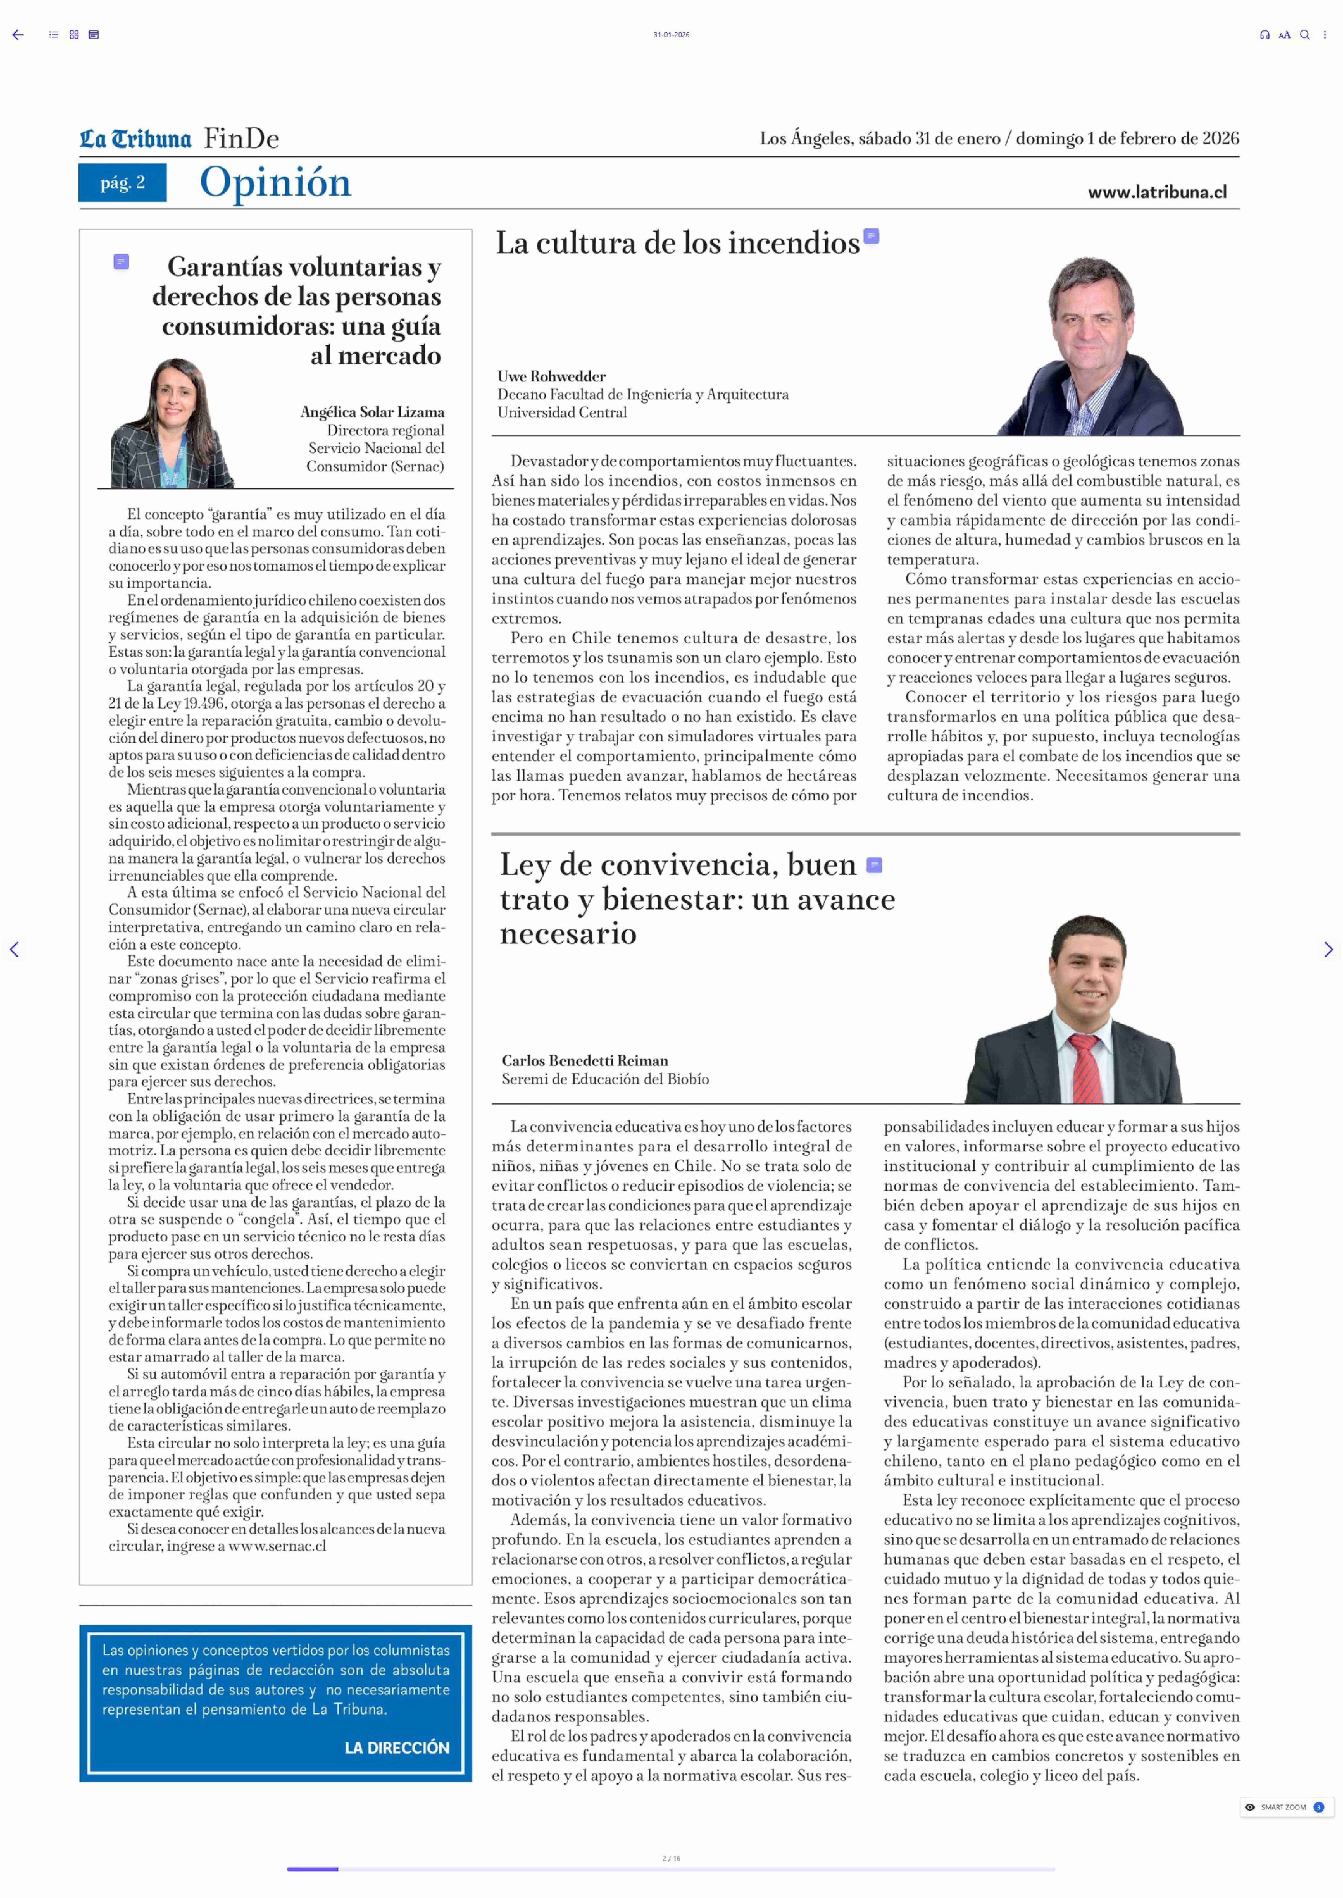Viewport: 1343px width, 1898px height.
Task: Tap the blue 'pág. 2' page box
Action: [x=122, y=183]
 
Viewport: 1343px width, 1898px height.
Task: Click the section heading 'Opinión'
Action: [x=275, y=183]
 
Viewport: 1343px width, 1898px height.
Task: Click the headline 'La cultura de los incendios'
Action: [x=677, y=243]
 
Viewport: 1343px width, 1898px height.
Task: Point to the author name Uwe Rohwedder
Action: [x=551, y=376]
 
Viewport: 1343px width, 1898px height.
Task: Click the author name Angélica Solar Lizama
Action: [x=372, y=412]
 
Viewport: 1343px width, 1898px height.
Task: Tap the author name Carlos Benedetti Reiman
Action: [x=585, y=1061]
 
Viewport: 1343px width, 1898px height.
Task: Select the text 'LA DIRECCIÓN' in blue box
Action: [x=397, y=1747]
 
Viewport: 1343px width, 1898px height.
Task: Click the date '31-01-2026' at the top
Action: [x=671, y=35]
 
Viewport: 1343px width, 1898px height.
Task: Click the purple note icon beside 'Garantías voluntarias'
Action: [x=121, y=262]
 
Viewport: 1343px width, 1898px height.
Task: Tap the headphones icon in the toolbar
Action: [x=1264, y=35]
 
